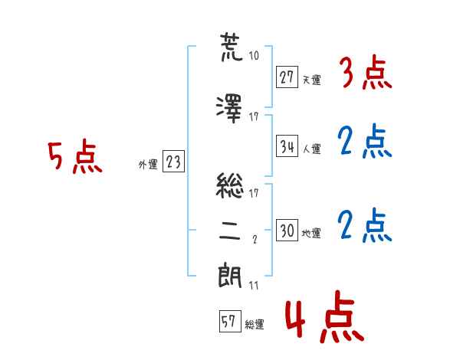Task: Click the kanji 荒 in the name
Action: [x=232, y=47]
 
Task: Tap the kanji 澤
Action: [x=229, y=109]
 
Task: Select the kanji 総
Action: [x=230, y=185]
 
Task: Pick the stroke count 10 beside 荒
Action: [x=254, y=55]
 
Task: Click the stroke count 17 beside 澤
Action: [x=254, y=117]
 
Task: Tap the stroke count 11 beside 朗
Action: [x=254, y=285]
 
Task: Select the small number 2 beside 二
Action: [x=255, y=240]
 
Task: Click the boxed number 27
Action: [x=287, y=77]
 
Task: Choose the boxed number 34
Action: [x=287, y=146]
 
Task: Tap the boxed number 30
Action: [x=287, y=230]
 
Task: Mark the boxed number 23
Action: [x=173, y=162]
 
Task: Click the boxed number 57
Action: [x=230, y=321]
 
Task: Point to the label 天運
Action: [x=312, y=80]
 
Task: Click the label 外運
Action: [x=148, y=165]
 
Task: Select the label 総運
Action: [x=255, y=324]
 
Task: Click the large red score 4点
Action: [x=325, y=316]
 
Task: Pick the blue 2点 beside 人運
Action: [x=365, y=141]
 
